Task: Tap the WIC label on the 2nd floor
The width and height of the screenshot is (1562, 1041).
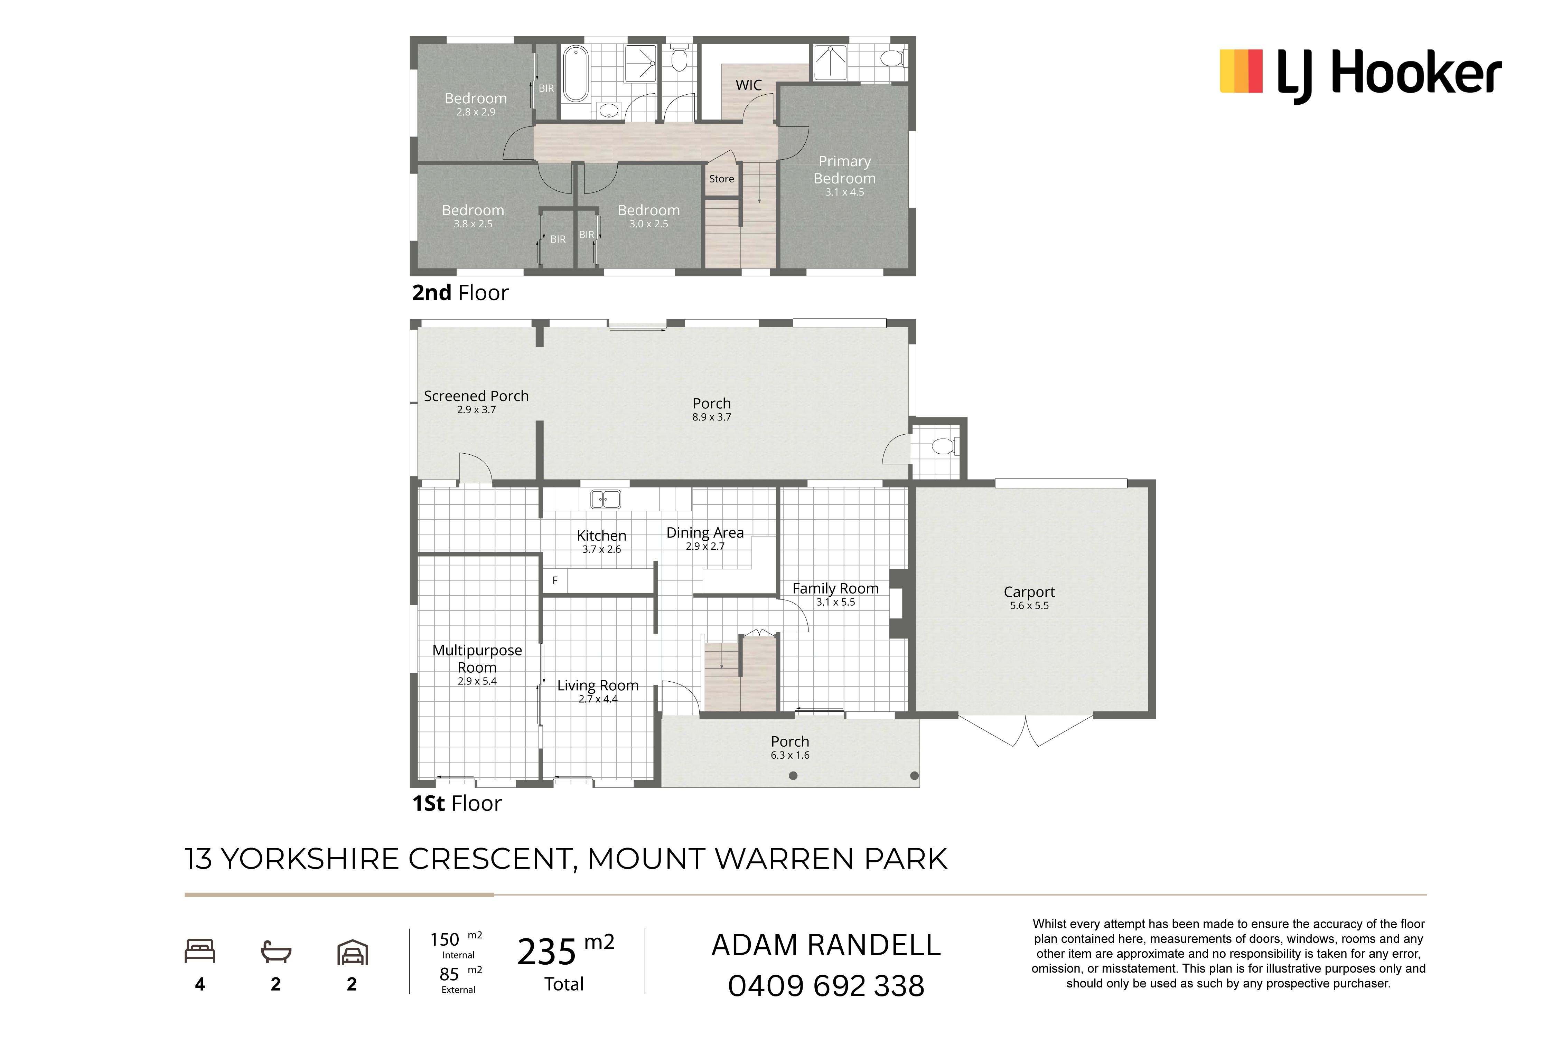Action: pos(748,85)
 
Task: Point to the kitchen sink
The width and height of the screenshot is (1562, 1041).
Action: pos(606,499)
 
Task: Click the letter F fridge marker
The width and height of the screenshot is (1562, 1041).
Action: pos(555,580)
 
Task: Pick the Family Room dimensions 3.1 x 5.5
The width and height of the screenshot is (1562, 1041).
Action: pos(835,602)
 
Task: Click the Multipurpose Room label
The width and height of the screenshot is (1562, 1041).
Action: pos(477,659)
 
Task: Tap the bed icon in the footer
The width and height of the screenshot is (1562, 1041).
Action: pos(200,951)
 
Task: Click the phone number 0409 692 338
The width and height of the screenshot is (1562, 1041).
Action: pos(826,986)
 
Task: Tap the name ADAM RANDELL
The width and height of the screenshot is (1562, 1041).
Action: pos(826,945)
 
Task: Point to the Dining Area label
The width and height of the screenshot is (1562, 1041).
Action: pos(705,532)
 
